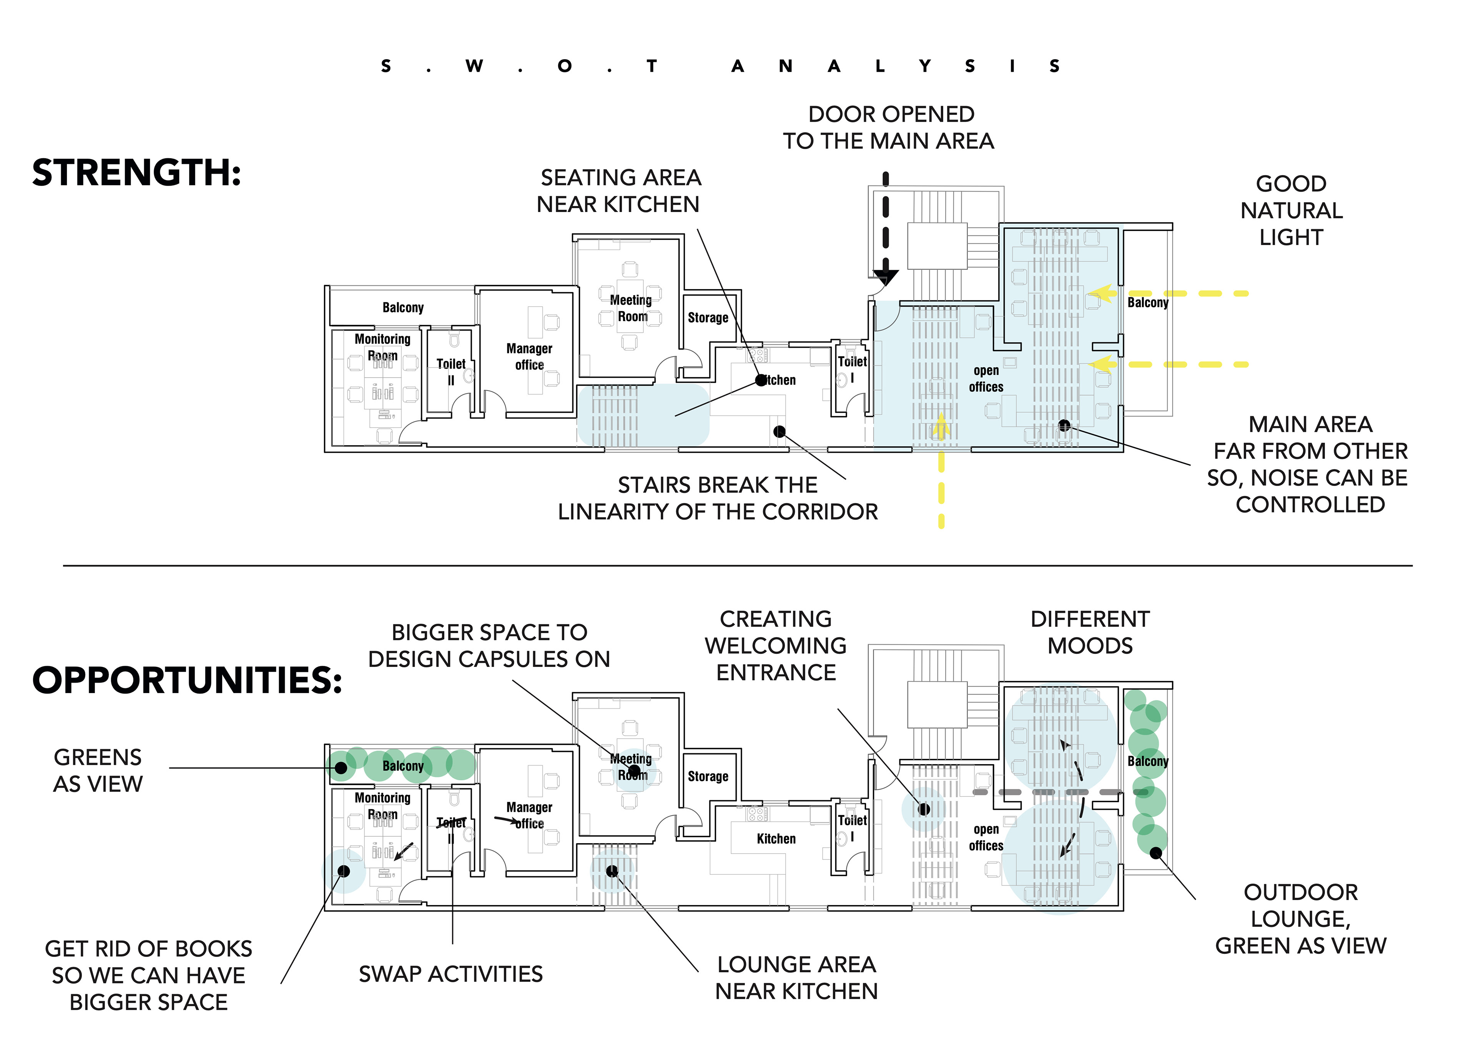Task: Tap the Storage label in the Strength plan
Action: [708, 317]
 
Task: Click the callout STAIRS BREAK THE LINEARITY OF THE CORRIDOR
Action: [717, 498]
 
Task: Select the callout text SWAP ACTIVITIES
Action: [450, 974]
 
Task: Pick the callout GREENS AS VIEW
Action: [98, 771]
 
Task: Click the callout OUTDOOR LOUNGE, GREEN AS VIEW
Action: [1300, 919]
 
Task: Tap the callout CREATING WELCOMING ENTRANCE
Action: [776, 646]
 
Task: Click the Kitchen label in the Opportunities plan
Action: [776, 839]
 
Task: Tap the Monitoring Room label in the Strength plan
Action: [382, 347]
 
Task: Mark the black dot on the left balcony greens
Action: [341, 767]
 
